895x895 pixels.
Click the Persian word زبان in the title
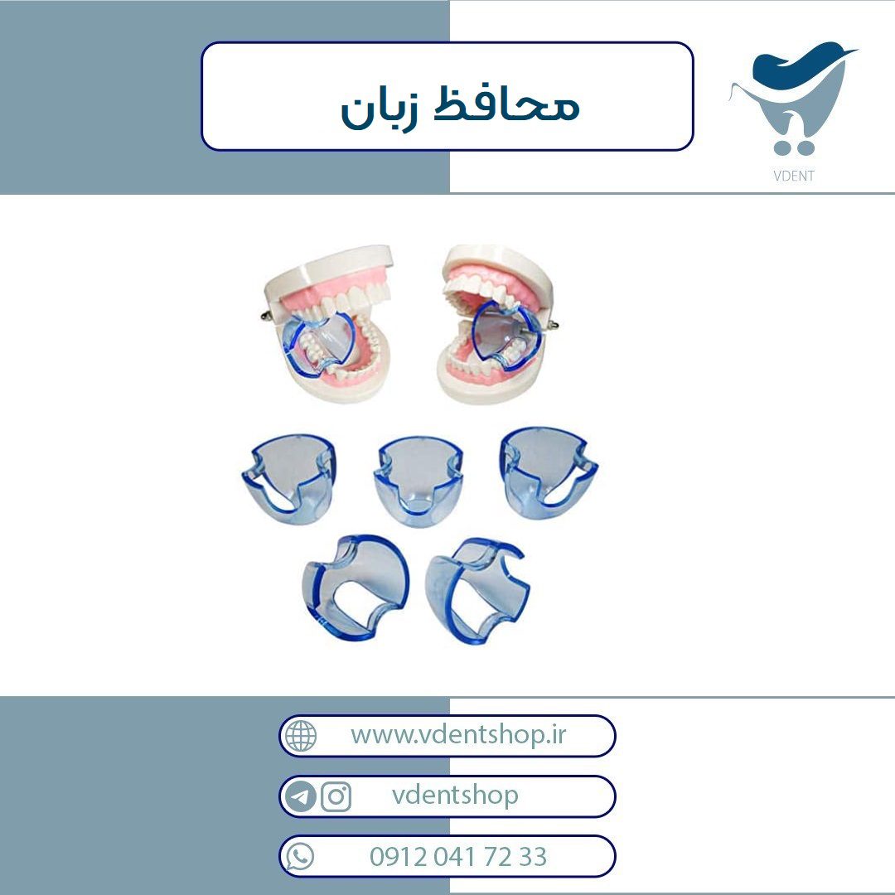point(380,108)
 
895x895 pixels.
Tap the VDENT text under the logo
point(793,176)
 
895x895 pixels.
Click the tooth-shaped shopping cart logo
point(793,98)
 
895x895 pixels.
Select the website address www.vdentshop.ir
point(457,734)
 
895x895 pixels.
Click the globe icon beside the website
point(300,736)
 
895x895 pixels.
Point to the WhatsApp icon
point(300,857)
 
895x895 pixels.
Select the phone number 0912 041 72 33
point(457,857)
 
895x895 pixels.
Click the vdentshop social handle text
point(455,795)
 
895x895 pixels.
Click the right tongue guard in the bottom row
point(477,590)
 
